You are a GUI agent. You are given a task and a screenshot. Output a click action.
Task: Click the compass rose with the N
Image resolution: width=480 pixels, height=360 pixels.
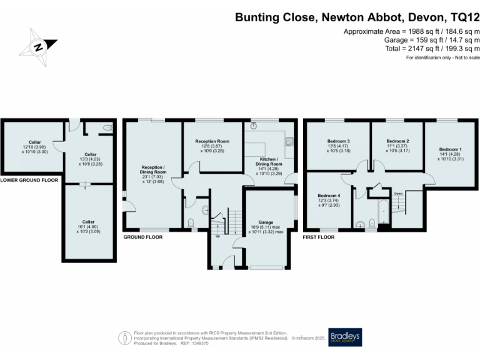(x=39, y=46)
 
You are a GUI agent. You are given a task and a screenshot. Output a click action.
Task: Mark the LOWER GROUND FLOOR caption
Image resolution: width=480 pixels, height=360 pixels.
(x=29, y=180)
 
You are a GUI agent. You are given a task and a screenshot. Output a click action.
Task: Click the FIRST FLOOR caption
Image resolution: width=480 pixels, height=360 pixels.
(x=319, y=237)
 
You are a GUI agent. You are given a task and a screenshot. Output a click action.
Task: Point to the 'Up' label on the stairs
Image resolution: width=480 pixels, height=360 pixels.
(x=217, y=236)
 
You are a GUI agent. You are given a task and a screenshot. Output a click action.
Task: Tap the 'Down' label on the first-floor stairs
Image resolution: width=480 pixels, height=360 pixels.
(x=397, y=194)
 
